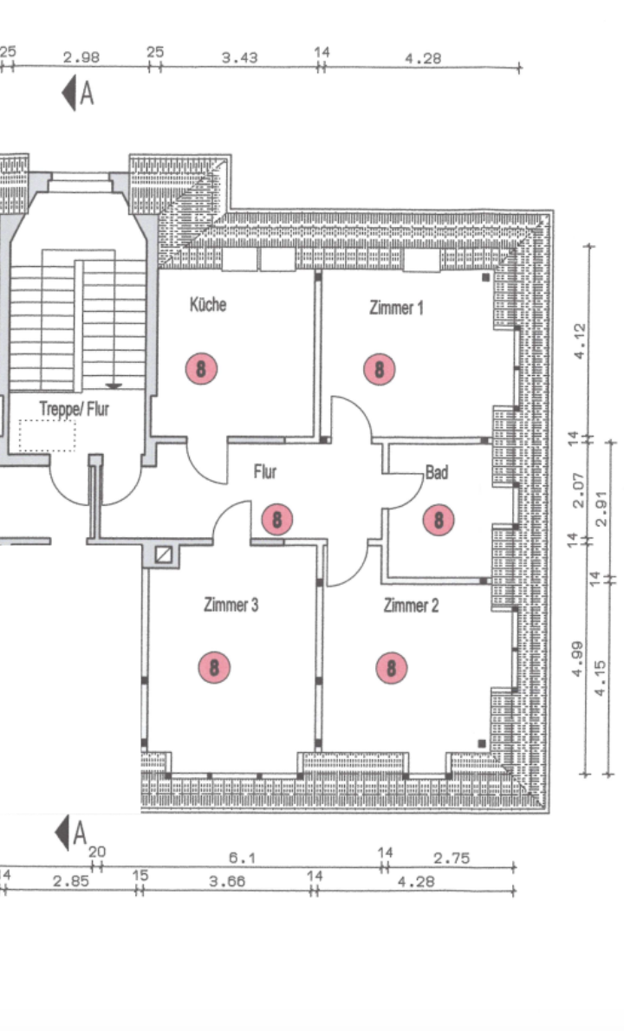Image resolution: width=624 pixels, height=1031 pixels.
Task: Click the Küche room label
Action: (208, 304)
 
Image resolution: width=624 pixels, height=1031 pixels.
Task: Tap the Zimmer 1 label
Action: (396, 308)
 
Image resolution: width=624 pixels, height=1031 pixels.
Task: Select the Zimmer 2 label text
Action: (411, 605)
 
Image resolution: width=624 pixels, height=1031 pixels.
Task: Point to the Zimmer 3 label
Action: (231, 604)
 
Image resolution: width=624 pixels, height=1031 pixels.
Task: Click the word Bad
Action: (437, 472)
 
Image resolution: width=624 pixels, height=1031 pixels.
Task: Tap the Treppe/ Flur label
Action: (74, 409)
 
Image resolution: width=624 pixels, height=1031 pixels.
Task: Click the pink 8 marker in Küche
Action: (201, 368)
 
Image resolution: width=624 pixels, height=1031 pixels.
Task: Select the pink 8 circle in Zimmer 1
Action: (380, 369)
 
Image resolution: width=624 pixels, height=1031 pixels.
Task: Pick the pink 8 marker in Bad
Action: (439, 520)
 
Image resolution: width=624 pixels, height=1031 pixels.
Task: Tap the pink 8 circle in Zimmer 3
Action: (214, 667)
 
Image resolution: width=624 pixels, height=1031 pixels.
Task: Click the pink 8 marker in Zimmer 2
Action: (391, 668)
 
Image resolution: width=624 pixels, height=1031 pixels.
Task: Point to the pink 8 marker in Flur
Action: (276, 519)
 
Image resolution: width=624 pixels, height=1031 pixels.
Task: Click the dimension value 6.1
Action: (242, 858)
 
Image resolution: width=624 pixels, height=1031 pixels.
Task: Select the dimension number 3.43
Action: (239, 58)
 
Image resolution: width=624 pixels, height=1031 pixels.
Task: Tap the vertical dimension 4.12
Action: (579, 340)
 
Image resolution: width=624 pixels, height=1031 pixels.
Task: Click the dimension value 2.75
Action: (452, 858)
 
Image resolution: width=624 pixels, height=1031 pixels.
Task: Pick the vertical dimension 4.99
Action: (577, 659)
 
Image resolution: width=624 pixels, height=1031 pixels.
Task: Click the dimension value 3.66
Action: (228, 881)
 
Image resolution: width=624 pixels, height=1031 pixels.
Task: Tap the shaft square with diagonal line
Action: (164, 555)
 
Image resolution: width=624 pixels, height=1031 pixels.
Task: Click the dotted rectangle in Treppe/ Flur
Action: (47, 436)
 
